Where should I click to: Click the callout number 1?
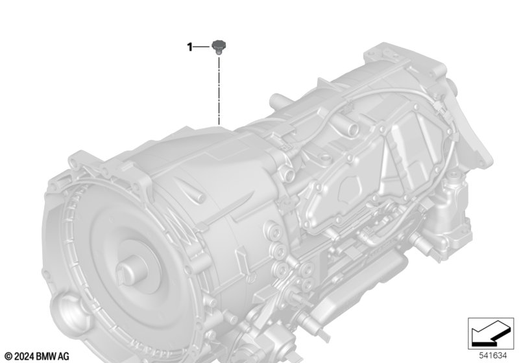tap(189, 47)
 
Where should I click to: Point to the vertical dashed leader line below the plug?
tap(219, 91)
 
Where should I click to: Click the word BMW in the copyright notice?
tap(49, 356)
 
